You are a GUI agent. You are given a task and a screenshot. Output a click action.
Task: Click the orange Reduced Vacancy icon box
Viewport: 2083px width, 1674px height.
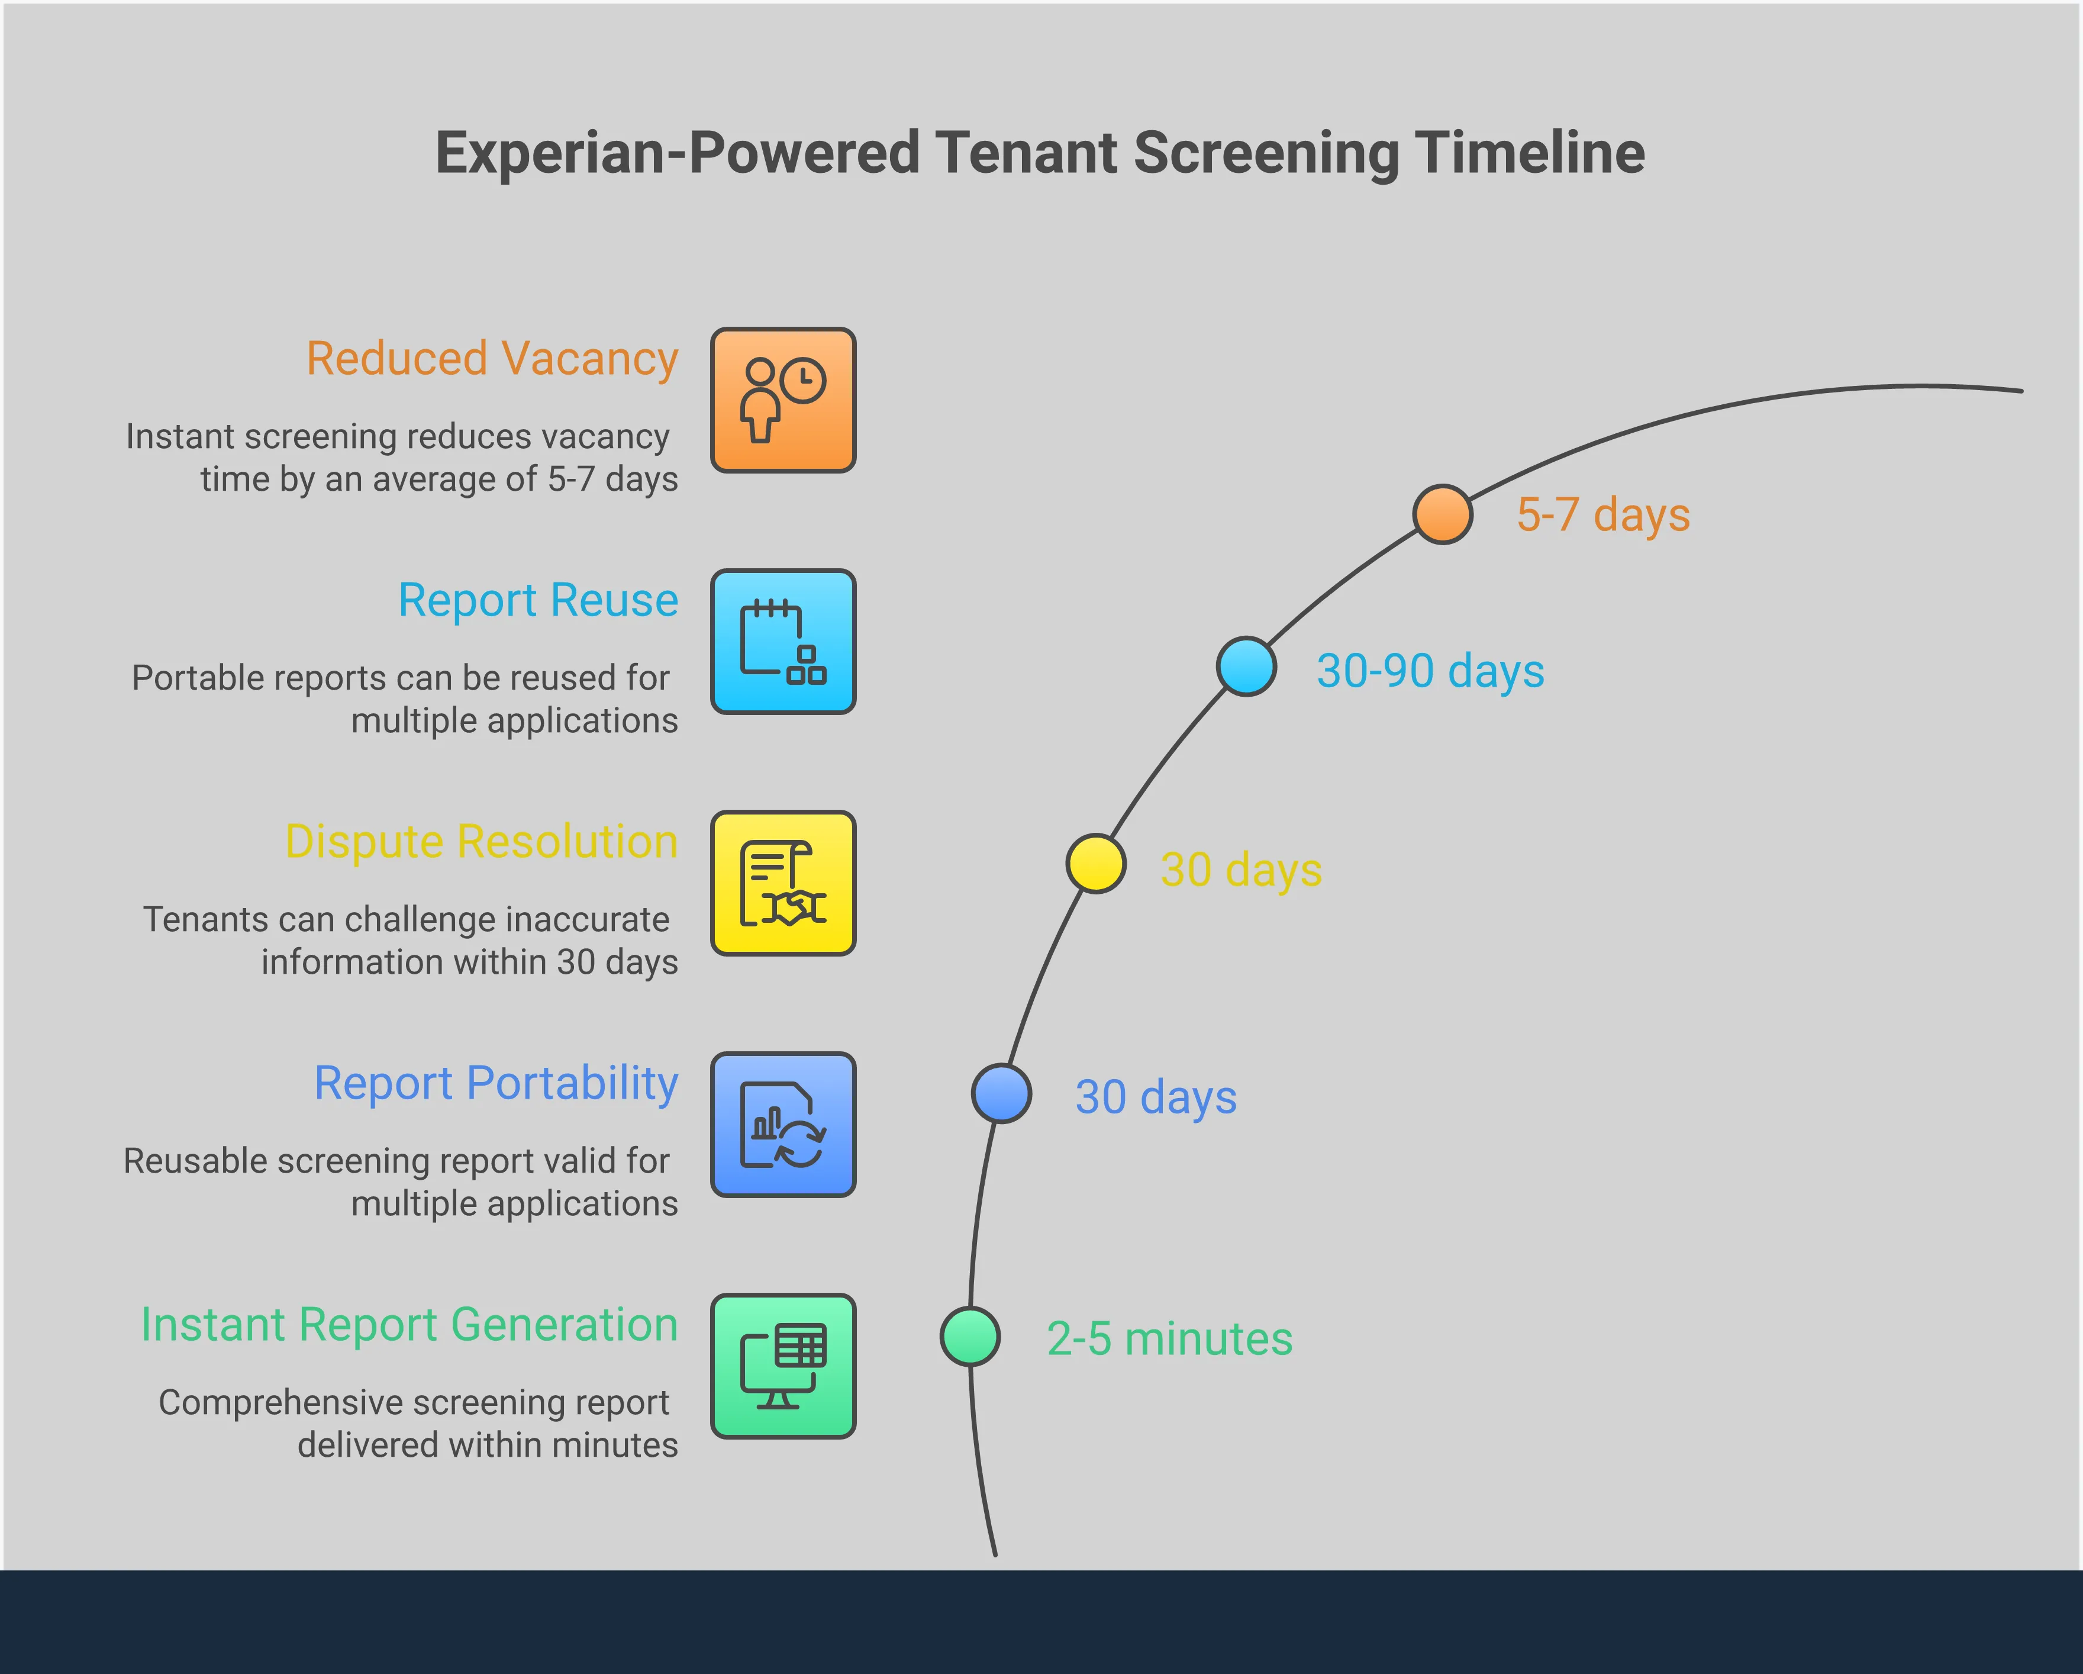click(782, 400)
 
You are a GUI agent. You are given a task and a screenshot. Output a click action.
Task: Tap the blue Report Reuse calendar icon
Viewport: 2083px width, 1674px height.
click(782, 642)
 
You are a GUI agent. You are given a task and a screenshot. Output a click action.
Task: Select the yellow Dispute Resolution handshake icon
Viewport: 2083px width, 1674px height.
click(782, 883)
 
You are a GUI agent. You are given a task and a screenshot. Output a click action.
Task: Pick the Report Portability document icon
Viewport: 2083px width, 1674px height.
click(782, 1125)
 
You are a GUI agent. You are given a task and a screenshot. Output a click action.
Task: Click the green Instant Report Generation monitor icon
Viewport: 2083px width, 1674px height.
click(782, 1367)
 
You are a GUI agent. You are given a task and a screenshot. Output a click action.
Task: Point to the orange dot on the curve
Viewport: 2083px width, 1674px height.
click(1443, 514)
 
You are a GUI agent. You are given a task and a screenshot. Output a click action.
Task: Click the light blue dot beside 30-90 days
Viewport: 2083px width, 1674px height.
click(1246, 666)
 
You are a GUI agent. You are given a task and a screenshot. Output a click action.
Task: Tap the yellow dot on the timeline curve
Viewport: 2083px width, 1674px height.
click(1095, 863)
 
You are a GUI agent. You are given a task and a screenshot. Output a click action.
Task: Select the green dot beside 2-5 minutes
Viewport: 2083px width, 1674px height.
click(970, 1337)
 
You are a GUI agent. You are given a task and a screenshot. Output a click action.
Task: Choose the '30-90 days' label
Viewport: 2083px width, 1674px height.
click(1430, 671)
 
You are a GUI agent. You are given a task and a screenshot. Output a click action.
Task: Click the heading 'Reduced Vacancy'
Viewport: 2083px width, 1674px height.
click(492, 359)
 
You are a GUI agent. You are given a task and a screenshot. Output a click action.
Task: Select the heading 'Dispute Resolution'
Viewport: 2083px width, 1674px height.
click(481, 842)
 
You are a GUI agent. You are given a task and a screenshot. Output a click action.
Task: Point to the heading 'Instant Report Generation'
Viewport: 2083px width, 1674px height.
click(409, 1324)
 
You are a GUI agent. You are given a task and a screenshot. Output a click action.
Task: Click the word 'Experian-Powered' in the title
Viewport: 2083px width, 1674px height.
click(676, 153)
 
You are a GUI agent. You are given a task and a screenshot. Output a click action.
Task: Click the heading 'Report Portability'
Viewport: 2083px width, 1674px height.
click(496, 1083)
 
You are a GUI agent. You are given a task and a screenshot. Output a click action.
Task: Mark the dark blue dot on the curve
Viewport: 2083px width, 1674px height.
click(1001, 1094)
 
